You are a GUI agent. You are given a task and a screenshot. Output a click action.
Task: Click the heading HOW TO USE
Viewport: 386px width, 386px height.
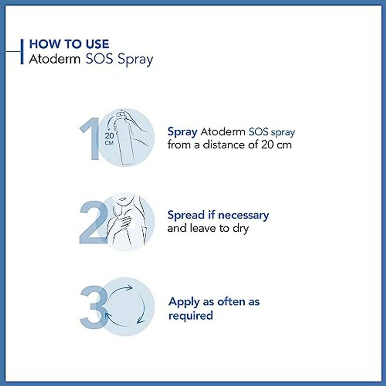pyautogui.click(x=69, y=44)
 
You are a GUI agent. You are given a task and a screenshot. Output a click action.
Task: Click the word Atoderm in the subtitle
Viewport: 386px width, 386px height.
pyautogui.click(x=55, y=59)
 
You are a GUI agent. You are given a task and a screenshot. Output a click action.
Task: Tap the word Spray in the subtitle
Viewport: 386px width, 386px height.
pyautogui.click(x=135, y=60)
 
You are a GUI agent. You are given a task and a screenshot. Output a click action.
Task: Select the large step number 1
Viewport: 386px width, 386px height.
pyautogui.click(x=89, y=138)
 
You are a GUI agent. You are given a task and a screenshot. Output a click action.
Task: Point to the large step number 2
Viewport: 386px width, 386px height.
pyautogui.click(x=94, y=222)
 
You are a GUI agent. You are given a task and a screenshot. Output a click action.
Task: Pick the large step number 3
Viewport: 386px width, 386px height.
pyautogui.click(x=94, y=307)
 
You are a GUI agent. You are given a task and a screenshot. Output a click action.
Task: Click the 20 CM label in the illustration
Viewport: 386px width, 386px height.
pyautogui.click(x=110, y=139)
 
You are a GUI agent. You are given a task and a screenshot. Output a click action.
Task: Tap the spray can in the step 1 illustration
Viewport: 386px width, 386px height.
pyautogui.click(x=125, y=138)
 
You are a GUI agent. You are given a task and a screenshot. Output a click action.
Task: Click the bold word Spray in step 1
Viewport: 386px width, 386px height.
pyautogui.click(x=182, y=132)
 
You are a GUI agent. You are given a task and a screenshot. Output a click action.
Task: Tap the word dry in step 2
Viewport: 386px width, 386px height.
pyautogui.click(x=240, y=229)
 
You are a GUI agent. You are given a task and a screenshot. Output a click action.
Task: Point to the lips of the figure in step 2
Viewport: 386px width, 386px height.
pyautogui.click(x=123, y=198)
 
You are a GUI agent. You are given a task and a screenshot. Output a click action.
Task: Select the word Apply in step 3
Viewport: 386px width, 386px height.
pyautogui.click(x=184, y=303)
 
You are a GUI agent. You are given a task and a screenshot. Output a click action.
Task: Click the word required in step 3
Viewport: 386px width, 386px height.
pyautogui.click(x=191, y=316)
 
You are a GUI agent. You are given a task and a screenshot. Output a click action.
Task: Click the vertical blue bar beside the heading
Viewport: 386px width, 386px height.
pyautogui.click(x=22, y=52)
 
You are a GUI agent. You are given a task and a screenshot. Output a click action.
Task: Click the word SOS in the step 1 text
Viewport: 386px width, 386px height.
pyautogui.click(x=259, y=132)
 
